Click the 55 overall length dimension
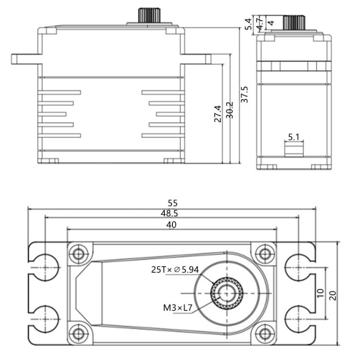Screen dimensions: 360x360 coord(171,202)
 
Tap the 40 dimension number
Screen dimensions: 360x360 coord(171,224)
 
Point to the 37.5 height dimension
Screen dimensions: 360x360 coord(244,94)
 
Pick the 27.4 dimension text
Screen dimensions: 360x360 coord(218,114)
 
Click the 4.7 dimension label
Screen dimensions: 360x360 coord(260,23)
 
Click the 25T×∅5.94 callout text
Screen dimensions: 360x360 coord(175,270)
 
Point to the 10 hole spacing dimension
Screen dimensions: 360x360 coord(320,292)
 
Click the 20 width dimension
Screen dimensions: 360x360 coord(333,295)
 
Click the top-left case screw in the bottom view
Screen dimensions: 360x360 coord(79,253)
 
